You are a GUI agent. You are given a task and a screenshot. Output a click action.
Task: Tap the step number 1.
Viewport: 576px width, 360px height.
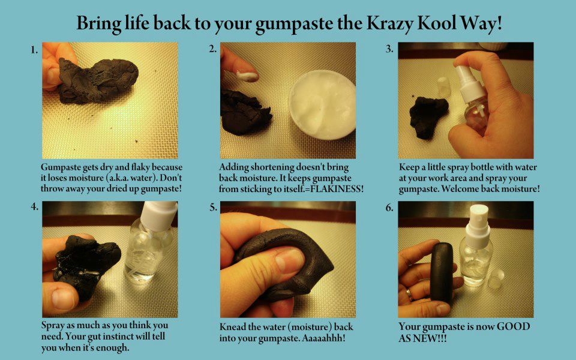click(34, 50)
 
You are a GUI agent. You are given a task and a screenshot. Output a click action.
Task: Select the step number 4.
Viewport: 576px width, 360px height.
click(35, 206)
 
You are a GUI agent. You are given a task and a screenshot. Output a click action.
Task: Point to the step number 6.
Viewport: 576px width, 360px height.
click(389, 208)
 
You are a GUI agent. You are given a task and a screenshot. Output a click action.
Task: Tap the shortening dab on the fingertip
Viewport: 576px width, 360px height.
click(247, 76)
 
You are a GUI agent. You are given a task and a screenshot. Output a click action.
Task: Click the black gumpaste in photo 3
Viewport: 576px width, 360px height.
click(428, 117)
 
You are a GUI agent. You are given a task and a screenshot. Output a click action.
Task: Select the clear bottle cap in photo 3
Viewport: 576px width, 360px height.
click(443, 87)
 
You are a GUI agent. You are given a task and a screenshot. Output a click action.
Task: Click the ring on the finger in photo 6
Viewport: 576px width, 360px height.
click(409, 293)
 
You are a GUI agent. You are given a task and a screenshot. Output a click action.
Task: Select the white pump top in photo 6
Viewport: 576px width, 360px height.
click(478, 224)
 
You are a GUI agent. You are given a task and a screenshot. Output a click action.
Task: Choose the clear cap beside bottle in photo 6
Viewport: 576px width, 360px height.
click(497, 278)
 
